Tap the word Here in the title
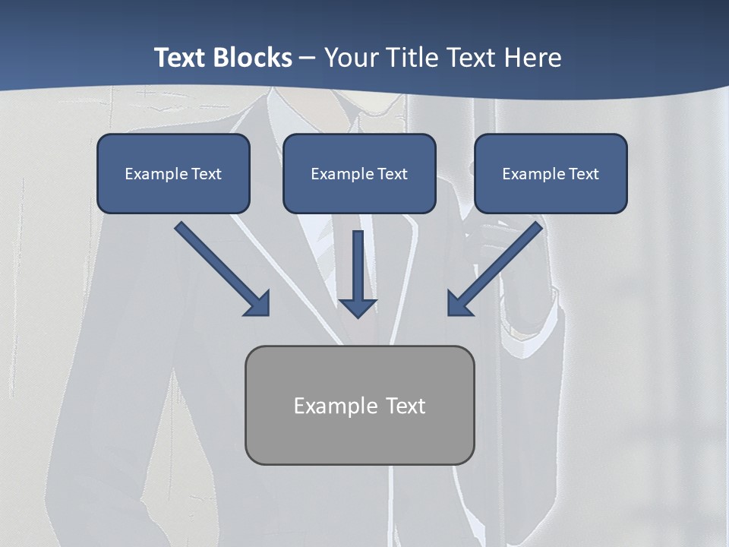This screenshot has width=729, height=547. click(534, 58)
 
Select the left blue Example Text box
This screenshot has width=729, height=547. click(173, 173)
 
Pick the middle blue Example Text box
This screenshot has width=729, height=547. click(359, 173)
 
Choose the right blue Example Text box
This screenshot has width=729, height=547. click(551, 173)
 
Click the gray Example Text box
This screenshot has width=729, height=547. click(360, 405)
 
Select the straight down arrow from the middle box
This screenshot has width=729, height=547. click(358, 266)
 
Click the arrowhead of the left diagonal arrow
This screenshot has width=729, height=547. click(259, 305)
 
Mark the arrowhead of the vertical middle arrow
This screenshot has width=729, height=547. click(358, 306)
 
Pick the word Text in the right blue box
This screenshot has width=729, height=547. click(583, 173)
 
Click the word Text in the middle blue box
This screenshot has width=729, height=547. click(392, 173)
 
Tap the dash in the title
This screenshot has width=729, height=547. click(308, 58)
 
